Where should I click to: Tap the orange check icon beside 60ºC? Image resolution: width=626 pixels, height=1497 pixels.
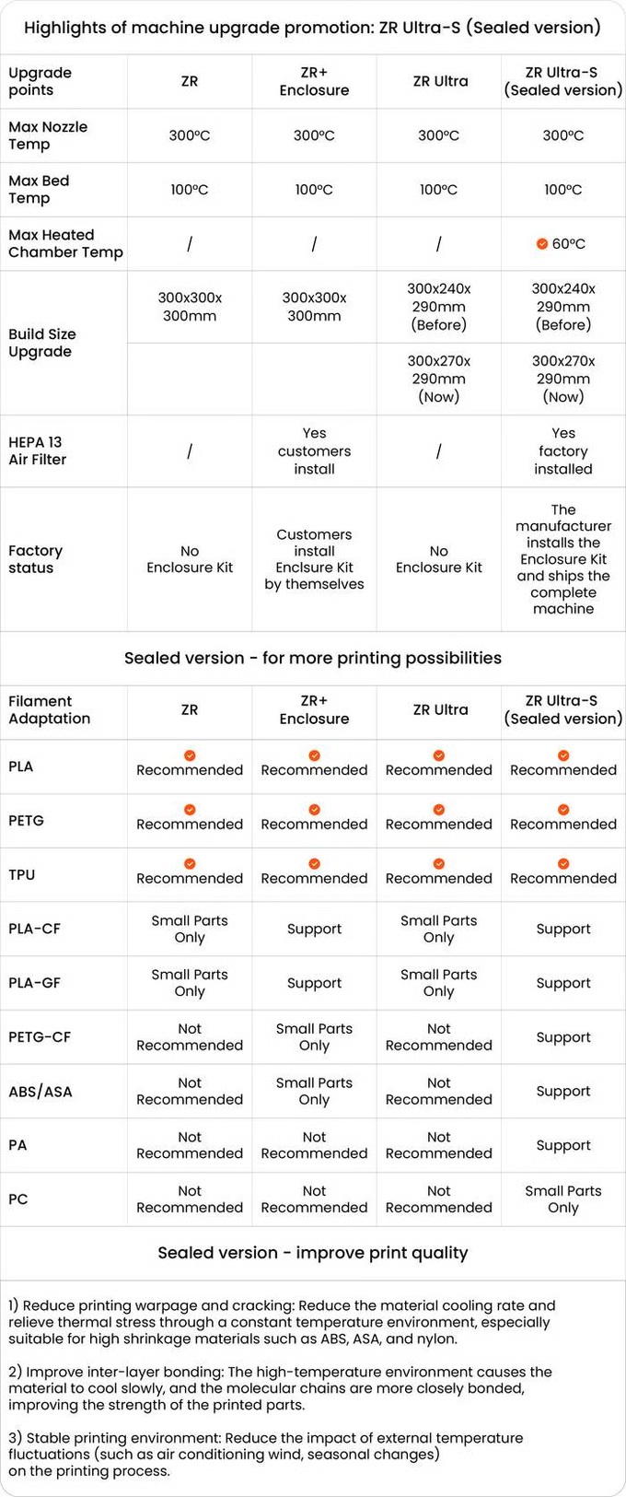542,244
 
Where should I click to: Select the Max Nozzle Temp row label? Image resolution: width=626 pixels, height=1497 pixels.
48,135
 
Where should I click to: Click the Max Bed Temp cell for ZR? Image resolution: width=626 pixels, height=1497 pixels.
190,190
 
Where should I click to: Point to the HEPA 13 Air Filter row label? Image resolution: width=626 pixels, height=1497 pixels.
38,450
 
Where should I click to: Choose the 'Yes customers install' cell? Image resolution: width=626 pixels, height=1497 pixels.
314,450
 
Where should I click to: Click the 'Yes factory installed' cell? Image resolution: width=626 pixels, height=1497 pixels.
563,450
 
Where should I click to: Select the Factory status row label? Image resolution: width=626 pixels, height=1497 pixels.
36,559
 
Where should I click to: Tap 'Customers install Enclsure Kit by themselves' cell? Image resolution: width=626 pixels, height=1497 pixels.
314,559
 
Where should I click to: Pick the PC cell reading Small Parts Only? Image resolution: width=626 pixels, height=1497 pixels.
563,1199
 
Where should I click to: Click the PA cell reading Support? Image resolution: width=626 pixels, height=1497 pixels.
563,1145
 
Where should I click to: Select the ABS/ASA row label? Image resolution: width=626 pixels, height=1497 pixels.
41,1092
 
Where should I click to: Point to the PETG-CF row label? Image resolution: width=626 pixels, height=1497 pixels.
40,1037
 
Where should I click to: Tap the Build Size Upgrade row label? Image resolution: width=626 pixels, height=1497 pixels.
42,343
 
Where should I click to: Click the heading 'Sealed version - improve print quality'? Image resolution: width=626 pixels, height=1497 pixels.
313,1253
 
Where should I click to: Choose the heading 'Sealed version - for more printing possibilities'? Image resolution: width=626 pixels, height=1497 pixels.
313,658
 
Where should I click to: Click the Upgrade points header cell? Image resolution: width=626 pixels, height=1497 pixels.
40,81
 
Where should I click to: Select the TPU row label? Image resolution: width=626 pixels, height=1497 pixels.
22,875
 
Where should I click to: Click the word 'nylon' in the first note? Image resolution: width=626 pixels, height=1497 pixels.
434,1339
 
